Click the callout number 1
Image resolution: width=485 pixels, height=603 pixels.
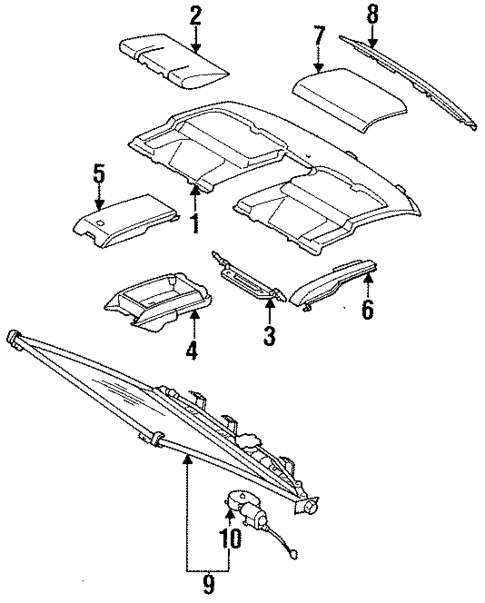point(196,223)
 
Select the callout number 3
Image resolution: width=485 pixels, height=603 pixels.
point(269,336)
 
